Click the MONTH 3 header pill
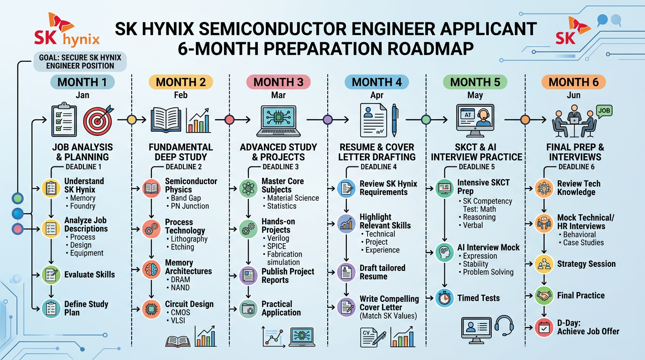coord(278,82)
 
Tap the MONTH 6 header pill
coord(574,82)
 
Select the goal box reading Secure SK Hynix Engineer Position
coord(80,61)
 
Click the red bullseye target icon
coord(98,121)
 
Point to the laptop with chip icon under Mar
coord(278,121)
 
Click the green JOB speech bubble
coord(604,112)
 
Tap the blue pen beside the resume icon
coord(395,120)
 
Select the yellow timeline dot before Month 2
coord(132,120)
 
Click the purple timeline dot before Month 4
coord(328,120)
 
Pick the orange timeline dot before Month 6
coord(525,120)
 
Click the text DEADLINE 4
coord(379,167)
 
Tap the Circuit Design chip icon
coord(151,309)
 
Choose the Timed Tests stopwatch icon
coord(444,298)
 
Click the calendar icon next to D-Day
coord(544,328)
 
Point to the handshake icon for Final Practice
coord(544,295)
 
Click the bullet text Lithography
coord(189,239)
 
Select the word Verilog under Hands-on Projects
coord(278,238)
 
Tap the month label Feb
coord(180,95)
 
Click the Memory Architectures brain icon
coord(151,270)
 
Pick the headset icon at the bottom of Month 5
coord(504,326)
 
